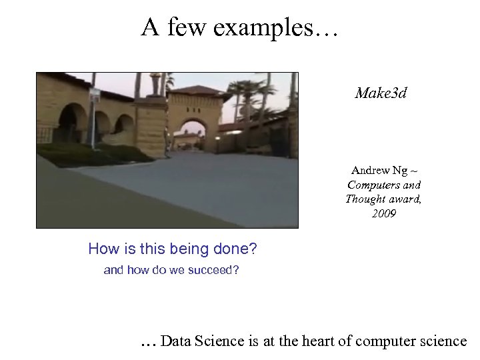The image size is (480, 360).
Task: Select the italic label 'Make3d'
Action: (x=381, y=93)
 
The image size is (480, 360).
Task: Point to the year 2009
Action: (x=383, y=213)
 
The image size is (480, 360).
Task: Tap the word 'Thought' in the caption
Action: (x=365, y=199)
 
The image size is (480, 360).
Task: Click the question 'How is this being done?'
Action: (x=172, y=249)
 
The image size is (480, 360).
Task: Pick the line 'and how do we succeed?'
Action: (x=171, y=270)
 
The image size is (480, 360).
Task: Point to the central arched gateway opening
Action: (x=193, y=136)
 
